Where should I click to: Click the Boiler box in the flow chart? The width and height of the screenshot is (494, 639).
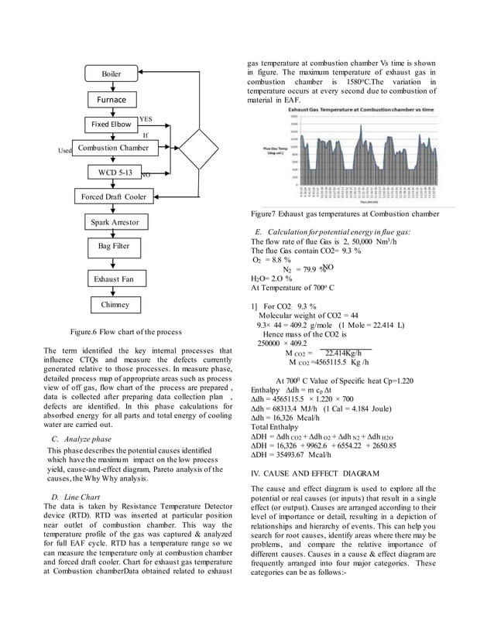pyautogui.click(x=112, y=74)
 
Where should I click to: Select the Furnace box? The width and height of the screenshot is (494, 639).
pyautogui.click(x=111, y=100)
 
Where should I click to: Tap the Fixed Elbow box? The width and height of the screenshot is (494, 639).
pyautogui.click(x=111, y=124)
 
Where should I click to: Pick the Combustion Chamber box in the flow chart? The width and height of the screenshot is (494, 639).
pyautogui.click(x=113, y=147)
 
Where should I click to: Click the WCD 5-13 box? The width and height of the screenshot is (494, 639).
pyautogui.click(x=112, y=171)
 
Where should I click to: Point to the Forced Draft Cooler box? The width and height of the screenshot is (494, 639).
pyautogui.click(x=114, y=196)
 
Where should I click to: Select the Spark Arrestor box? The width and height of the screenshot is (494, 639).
pyautogui.click(x=113, y=222)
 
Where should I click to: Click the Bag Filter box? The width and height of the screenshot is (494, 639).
pyautogui.click(x=113, y=246)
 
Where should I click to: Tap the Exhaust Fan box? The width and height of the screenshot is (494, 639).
pyautogui.click(x=114, y=278)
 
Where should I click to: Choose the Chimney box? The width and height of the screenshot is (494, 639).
pyautogui.click(x=114, y=305)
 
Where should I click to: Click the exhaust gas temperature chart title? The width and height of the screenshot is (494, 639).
pyautogui.click(x=354, y=111)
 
